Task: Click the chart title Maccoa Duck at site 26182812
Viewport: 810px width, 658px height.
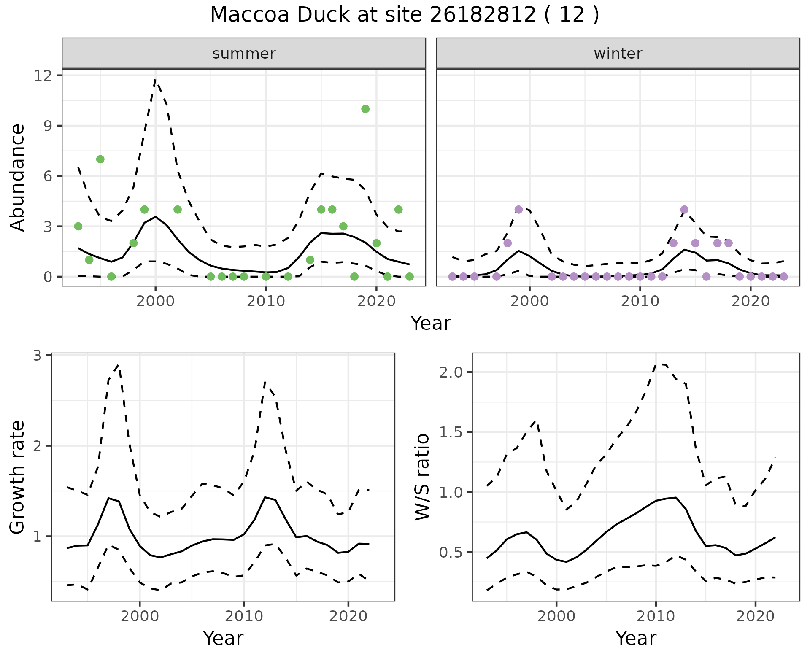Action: click(x=404, y=15)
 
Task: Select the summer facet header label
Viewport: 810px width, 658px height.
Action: click(x=244, y=54)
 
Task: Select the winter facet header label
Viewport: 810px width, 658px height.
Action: click(x=618, y=54)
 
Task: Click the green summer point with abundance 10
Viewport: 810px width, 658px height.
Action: click(x=365, y=109)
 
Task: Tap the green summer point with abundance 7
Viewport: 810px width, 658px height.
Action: click(x=100, y=159)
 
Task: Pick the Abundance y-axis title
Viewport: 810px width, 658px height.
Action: click(x=18, y=177)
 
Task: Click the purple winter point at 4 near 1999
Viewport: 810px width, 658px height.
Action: click(x=518, y=210)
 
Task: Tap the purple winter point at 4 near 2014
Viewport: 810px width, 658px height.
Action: click(x=684, y=210)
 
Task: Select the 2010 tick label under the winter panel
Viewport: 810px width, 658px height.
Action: click(x=640, y=302)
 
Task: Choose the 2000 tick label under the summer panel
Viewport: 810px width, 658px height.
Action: click(x=155, y=302)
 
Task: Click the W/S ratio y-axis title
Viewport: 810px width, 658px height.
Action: click(x=422, y=477)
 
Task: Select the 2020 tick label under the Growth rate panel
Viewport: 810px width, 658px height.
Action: click(x=348, y=616)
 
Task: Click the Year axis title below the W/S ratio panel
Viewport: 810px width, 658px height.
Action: click(x=636, y=638)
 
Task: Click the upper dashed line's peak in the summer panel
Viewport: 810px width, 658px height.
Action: click(x=156, y=80)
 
